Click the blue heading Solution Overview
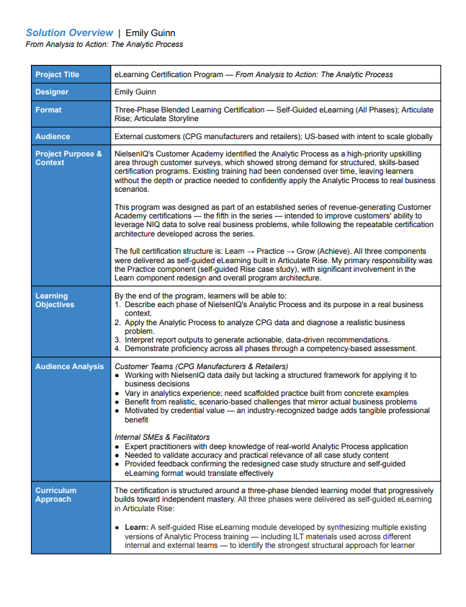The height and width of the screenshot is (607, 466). tap(69, 32)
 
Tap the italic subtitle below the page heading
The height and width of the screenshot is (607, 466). tap(104, 44)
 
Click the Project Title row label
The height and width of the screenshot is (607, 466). tap(58, 74)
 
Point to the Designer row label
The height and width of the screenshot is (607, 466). tap(53, 92)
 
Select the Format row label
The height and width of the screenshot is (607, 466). tap(49, 110)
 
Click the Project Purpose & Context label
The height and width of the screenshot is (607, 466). tap(68, 158)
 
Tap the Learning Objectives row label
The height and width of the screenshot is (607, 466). tap(55, 300)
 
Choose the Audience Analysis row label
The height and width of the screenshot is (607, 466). tap(69, 366)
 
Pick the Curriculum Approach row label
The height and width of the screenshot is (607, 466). tap(55, 495)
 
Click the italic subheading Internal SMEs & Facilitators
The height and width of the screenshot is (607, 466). tap(162, 437)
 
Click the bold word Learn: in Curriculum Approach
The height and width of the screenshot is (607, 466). tap(136, 528)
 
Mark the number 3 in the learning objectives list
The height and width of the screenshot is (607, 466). tap(117, 340)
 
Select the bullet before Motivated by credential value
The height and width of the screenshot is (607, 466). tap(117, 411)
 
